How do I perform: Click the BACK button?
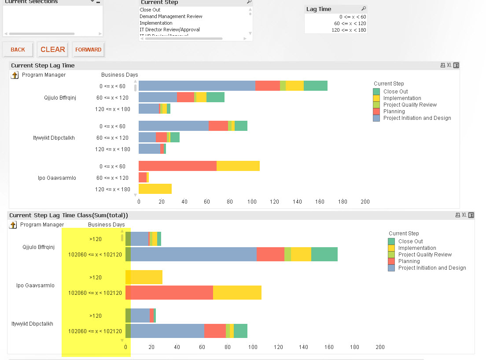(18, 50)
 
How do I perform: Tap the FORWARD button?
(88, 50)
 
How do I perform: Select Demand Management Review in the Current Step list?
(171, 16)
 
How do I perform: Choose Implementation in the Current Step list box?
(156, 23)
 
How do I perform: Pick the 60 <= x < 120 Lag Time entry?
(350, 23)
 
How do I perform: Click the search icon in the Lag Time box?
(364, 9)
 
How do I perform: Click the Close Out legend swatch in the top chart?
(376, 92)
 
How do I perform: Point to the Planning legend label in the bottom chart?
(409, 261)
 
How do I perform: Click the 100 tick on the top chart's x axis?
(252, 202)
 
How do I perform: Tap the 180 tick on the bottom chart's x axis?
(354, 347)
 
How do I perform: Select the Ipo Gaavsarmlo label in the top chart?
(57, 178)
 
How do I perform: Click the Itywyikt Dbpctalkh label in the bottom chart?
(32, 324)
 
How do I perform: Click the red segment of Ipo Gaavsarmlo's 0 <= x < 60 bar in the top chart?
(177, 166)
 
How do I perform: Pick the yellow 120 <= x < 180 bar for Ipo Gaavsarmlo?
(155, 189)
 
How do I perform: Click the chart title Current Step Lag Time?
(43, 66)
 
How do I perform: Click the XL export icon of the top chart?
(449, 66)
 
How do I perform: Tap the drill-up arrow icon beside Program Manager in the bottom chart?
(13, 225)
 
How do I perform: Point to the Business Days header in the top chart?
(119, 75)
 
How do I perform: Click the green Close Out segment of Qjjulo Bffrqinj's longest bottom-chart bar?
(324, 254)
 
